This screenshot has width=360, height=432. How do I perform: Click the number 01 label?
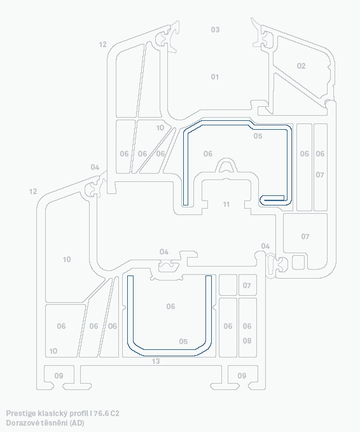click(215, 77)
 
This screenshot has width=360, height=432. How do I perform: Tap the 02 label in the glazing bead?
click(301, 66)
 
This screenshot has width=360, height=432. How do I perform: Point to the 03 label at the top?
click(215, 29)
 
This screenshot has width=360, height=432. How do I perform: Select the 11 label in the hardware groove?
click(226, 204)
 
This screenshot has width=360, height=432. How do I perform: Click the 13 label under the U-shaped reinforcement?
click(156, 361)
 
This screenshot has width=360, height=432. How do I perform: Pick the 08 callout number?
click(247, 341)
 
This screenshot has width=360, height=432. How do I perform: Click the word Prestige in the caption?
click(22, 414)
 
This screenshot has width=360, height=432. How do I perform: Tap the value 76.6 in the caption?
click(101, 414)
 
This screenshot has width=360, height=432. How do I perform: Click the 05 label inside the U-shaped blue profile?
click(183, 342)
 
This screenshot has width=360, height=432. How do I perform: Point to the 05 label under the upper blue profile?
click(258, 136)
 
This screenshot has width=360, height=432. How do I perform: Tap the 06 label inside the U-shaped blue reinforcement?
click(170, 306)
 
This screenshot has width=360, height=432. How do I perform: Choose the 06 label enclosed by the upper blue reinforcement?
click(208, 153)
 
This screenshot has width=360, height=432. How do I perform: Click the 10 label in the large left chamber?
click(67, 259)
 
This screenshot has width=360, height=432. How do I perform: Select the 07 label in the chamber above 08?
click(247, 286)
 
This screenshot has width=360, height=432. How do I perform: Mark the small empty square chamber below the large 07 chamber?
click(298, 262)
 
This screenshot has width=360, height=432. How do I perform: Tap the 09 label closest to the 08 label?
click(242, 375)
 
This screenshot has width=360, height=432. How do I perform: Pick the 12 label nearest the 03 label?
click(102, 45)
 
